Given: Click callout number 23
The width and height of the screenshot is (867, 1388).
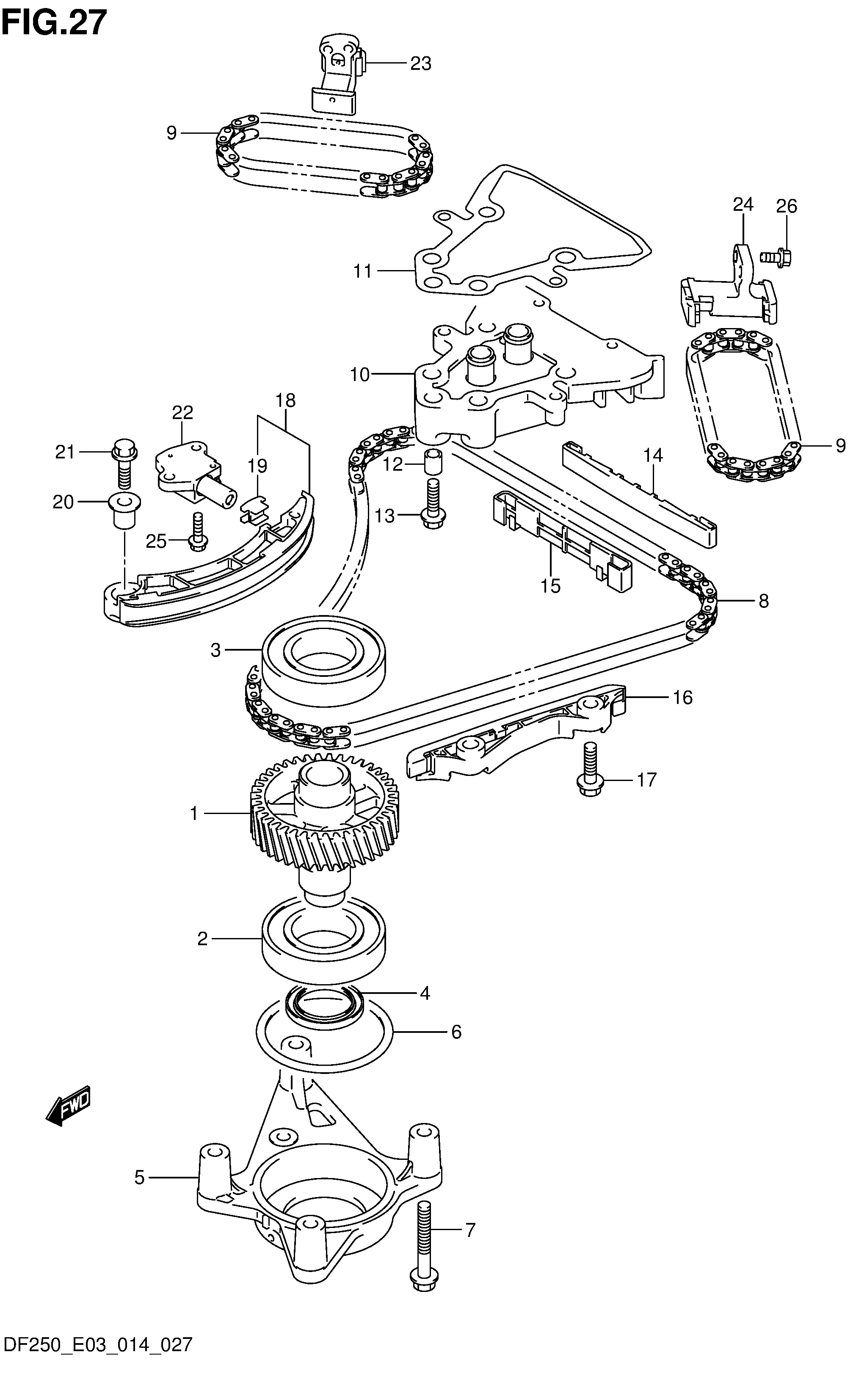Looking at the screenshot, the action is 420,63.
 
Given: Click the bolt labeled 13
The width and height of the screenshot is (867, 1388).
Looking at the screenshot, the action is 433,505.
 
